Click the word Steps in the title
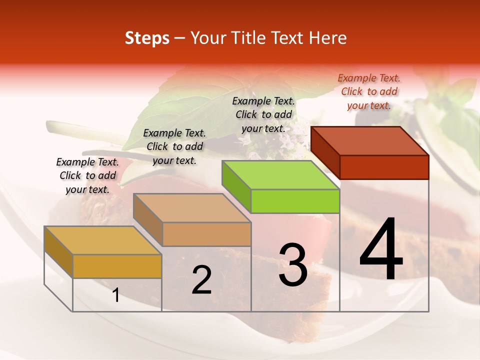pyautogui.click(x=147, y=38)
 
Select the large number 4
pyautogui.click(x=381, y=250)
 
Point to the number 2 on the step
pyautogui.click(x=201, y=280)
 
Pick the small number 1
pyautogui.click(x=116, y=295)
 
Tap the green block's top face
pyautogui.click(x=280, y=175)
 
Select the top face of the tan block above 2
pyautogui.click(x=192, y=208)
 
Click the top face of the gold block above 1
pyautogui.click(x=102, y=240)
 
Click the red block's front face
pyautogui.click(x=384, y=167)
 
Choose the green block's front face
pyautogui.click(x=295, y=201)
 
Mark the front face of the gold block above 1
pyautogui.click(x=117, y=266)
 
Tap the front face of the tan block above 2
pyautogui.click(x=206, y=234)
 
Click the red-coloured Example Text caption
pyautogui.click(x=369, y=91)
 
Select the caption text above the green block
pyautogui.click(x=263, y=114)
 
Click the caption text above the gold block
pyautogui.click(x=87, y=175)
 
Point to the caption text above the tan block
pyautogui.click(x=174, y=146)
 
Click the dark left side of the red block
pyautogui.click(x=325, y=152)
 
